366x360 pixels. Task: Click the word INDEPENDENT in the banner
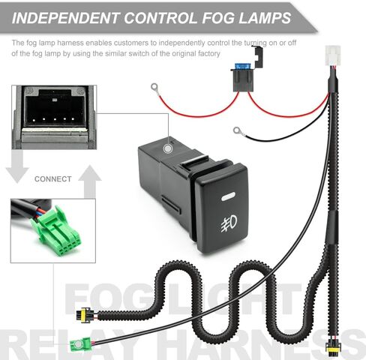[65, 18]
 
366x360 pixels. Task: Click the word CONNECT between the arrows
[53, 179]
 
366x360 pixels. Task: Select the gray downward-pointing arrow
[17, 166]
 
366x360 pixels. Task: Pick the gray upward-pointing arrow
[89, 181]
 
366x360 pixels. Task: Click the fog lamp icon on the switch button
[229, 223]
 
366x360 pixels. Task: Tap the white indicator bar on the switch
[228, 196]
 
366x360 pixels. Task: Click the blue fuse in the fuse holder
[242, 66]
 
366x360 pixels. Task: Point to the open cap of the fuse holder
[259, 57]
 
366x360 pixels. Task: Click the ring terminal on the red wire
[154, 87]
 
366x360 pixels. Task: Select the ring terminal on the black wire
[237, 130]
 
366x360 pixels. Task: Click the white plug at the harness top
[333, 55]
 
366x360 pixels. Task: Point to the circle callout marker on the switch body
[168, 148]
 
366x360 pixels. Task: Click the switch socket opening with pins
[55, 110]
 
